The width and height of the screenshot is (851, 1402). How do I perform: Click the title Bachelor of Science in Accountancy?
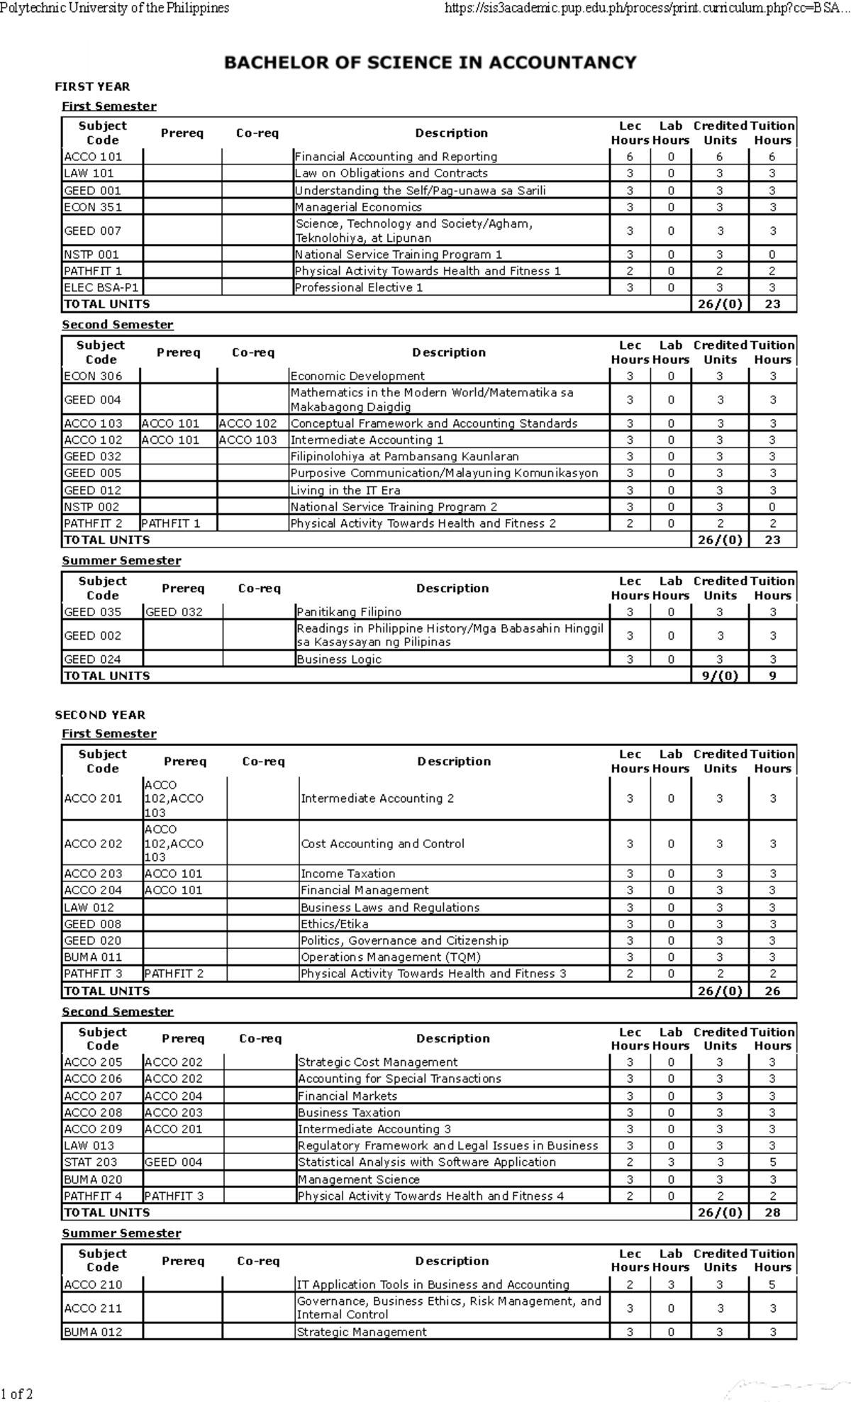point(430,62)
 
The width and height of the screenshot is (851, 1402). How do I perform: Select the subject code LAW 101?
point(89,173)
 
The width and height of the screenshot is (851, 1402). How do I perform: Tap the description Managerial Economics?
point(358,207)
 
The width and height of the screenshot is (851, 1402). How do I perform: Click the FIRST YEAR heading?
point(92,87)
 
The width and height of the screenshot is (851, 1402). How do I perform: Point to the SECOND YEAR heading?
point(100,715)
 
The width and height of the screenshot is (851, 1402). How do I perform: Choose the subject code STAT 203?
point(91,1162)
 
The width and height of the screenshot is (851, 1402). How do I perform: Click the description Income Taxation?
point(347,874)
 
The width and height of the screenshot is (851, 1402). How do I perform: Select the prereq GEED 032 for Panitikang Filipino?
point(174,612)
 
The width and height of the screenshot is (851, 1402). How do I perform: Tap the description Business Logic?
point(339,660)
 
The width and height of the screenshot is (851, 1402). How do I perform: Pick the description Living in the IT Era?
point(345,490)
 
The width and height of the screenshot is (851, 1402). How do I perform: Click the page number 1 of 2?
point(17,1393)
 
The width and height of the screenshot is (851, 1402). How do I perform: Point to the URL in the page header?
point(646,9)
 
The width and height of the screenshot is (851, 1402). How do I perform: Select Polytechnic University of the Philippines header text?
point(115,9)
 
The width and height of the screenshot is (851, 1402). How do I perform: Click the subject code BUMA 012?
point(93,1332)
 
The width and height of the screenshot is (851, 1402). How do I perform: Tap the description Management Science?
point(358,1179)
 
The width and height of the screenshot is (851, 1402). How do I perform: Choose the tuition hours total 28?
point(772,1212)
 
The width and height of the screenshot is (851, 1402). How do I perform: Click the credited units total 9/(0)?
point(720,676)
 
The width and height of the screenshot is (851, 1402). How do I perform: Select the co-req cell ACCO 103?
point(248,440)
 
